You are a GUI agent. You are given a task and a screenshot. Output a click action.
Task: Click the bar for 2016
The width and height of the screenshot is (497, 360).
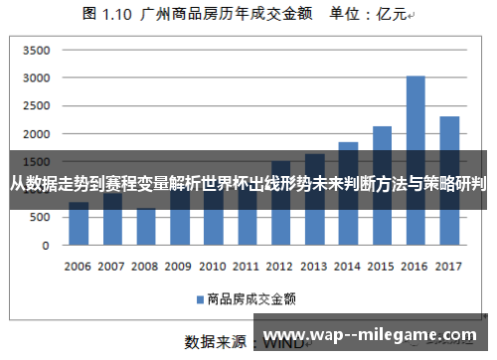415,159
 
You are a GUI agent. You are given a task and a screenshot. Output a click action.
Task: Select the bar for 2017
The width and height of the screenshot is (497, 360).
449,180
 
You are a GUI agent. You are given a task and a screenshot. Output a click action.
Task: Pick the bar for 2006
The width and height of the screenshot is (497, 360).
79,224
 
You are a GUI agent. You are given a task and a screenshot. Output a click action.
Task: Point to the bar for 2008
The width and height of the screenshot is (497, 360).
146,227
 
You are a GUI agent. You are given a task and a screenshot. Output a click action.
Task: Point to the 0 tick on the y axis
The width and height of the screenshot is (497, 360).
45,245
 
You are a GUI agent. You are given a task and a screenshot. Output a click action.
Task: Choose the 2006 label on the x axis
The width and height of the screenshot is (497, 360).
79,267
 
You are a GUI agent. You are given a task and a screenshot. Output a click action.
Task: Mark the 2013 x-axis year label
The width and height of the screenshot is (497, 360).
314,267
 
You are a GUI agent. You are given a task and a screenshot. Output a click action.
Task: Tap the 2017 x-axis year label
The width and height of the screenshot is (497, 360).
449,267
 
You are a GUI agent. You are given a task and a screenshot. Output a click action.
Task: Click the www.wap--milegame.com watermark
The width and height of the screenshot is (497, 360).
374,334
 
